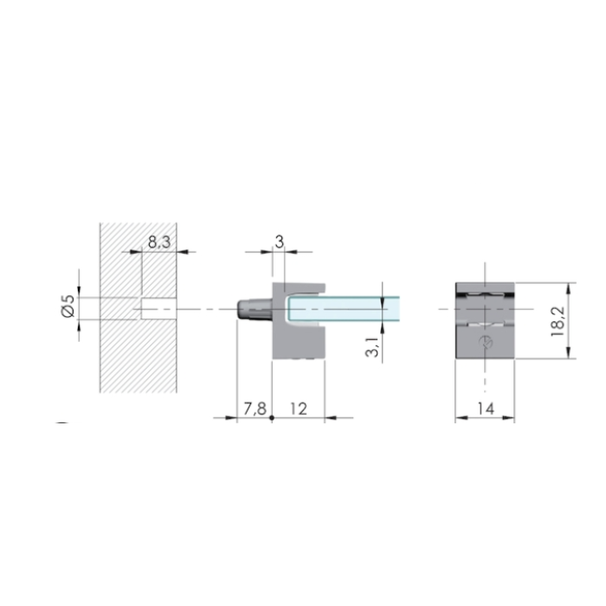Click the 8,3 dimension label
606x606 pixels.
159,242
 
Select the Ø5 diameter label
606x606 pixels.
68,306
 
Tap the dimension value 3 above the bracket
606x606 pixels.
279,242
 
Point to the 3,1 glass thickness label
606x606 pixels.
371,346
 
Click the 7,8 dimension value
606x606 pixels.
255,409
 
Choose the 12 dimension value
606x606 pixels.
299,409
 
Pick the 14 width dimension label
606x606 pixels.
486,409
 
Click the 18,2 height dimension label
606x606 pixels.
558,321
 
